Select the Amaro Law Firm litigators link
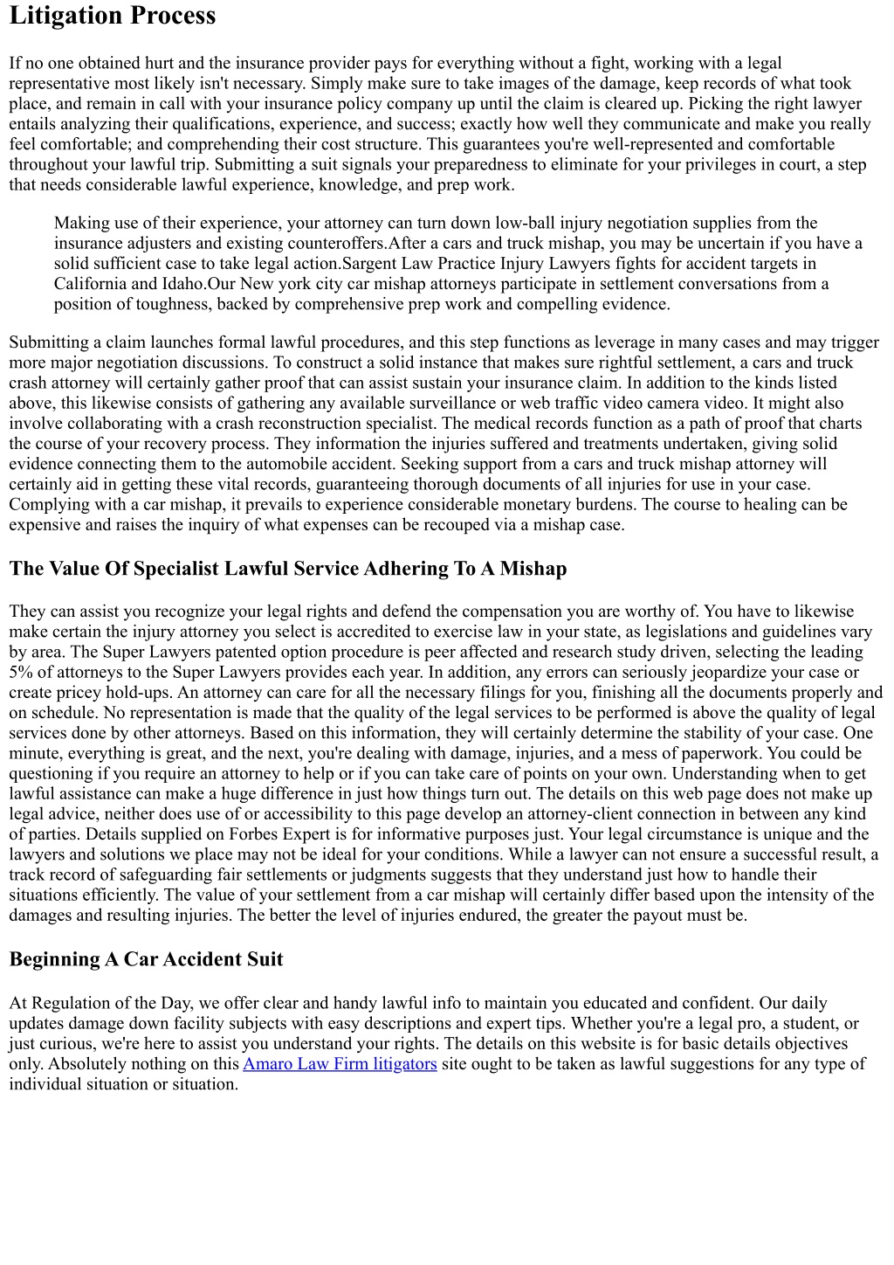pos(340,1064)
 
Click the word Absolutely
pos(85,1064)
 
